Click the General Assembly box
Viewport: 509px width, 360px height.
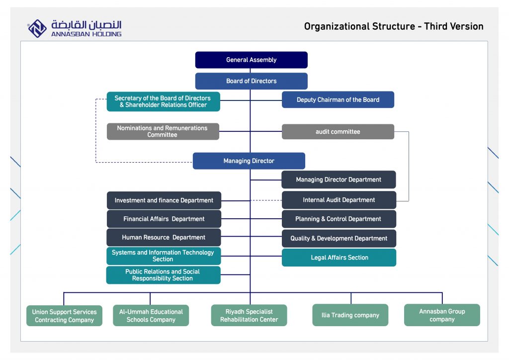click(x=251, y=60)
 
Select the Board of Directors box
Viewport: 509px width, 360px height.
click(x=251, y=81)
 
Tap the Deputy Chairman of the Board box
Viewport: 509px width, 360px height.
click(x=338, y=100)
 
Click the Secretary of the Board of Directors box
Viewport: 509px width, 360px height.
click(x=163, y=101)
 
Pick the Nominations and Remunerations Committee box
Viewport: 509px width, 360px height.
click(x=163, y=131)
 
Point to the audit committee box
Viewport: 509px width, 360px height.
click(x=338, y=132)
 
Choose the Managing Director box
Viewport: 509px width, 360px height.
click(x=249, y=161)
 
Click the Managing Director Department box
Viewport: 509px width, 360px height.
click(x=339, y=180)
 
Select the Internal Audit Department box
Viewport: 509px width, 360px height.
click(x=339, y=200)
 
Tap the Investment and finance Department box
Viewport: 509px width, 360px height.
click(x=164, y=200)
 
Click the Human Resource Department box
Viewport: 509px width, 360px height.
click(x=164, y=238)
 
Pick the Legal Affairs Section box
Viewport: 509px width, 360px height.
click(x=339, y=258)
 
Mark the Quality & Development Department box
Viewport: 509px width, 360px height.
click(x=339, y=239)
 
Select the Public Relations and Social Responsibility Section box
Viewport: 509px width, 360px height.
click(x=163, y=275)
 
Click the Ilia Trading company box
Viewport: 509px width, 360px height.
click(x=350, y=315)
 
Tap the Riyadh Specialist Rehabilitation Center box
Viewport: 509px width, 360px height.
click(x=249, y=315)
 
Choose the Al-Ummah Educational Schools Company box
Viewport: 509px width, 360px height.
click(x=151, y=315)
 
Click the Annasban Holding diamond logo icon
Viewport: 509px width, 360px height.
click(x=37, y=28)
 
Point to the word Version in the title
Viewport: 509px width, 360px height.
click(x=463, y=27)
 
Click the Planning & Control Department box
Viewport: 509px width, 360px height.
click(x=339, y=219)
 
